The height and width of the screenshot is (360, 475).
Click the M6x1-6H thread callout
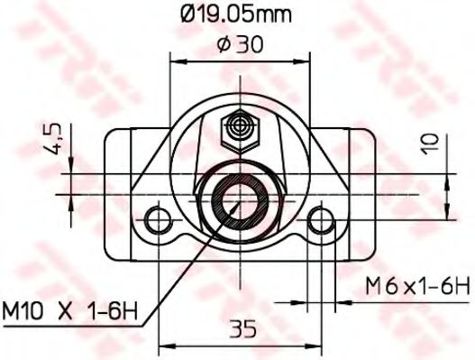coord(417,287)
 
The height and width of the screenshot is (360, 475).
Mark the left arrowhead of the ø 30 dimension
coord(176,61)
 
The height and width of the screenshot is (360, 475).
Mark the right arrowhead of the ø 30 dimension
coord(304,61)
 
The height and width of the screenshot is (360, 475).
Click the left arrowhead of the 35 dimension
coord(165,344)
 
